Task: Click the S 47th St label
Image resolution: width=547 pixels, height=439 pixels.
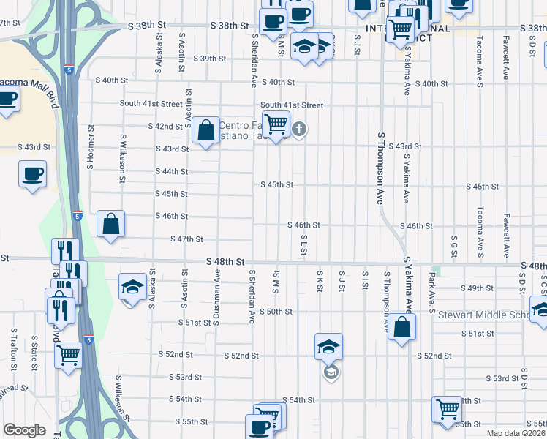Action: [186, 239]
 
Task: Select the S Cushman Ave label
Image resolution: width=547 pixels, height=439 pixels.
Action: [216, 294]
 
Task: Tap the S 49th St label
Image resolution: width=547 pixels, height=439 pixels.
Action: [480, 288]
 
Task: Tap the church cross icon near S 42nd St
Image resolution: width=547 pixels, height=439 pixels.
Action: [298, 130]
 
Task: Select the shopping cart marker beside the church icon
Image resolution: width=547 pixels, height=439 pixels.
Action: [275, 124]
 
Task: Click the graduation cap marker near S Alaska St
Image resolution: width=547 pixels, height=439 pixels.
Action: [132, 286]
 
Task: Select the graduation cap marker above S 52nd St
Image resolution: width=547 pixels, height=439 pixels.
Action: [329, 345]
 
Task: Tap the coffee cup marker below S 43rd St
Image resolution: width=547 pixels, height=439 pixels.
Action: [32, 175]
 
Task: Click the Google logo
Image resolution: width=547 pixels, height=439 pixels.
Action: [24, 430]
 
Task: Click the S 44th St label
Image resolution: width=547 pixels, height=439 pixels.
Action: [172, 171]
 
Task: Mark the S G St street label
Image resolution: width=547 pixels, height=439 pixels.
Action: [454, 247]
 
